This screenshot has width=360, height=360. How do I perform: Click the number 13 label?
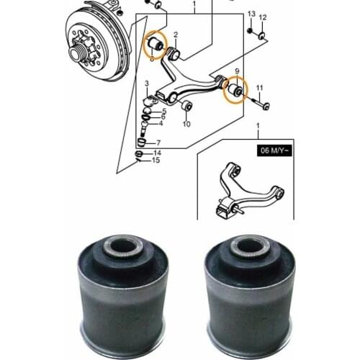[x=251, y=14]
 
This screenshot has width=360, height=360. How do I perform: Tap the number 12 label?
[x=263, y=17]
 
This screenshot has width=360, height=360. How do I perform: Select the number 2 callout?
[x=176, y=35]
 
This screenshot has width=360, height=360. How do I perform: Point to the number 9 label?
[x=237, y=71]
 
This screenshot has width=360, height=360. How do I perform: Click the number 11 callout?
[x=260, y=89]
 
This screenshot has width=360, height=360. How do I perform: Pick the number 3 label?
[x=147, y=84]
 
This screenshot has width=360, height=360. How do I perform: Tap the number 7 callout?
[x=158, y=143]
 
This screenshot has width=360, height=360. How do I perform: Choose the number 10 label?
[x=186, y=124]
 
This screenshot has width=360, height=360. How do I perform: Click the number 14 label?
[x=157, y=153]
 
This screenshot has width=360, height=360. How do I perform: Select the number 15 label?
[x=156, y=160]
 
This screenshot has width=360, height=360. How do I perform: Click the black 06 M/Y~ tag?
[x=274, y=150]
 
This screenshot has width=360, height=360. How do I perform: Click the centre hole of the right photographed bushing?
[x=249, y=246]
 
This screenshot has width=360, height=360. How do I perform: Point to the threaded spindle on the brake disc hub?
[x=75, y=53]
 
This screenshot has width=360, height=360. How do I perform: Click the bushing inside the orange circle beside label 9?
[x=235, y=89]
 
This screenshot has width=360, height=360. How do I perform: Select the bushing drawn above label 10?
[x=186, y=106]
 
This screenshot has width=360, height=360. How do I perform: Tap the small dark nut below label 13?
[x=250, y=30]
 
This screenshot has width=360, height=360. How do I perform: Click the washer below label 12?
[x=261, y=36]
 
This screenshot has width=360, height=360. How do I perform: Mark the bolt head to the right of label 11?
[x=266, y=106]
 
